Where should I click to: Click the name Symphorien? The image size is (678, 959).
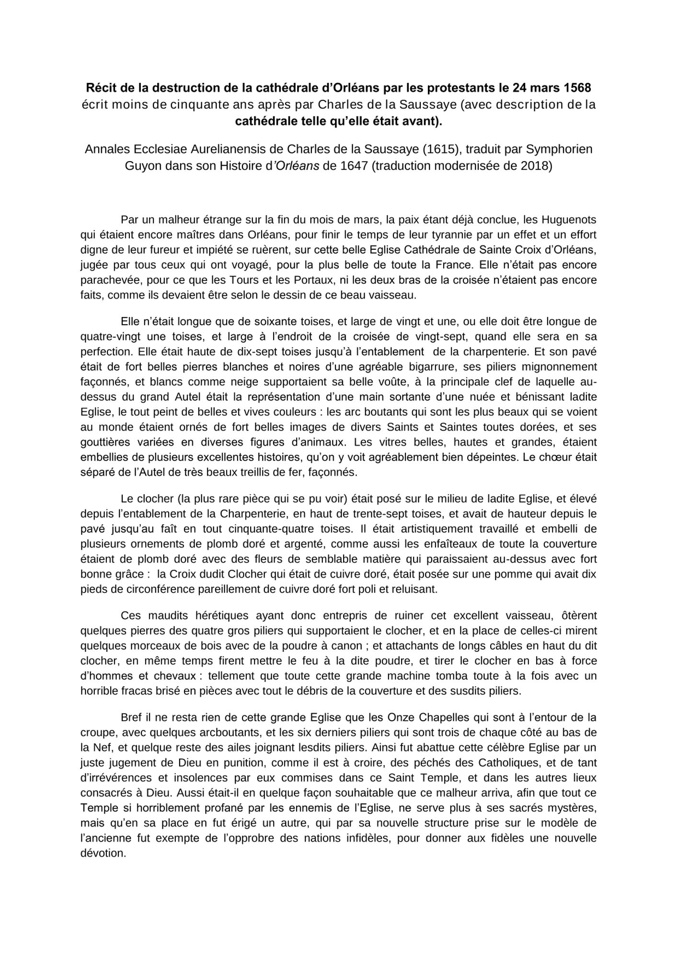559,149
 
